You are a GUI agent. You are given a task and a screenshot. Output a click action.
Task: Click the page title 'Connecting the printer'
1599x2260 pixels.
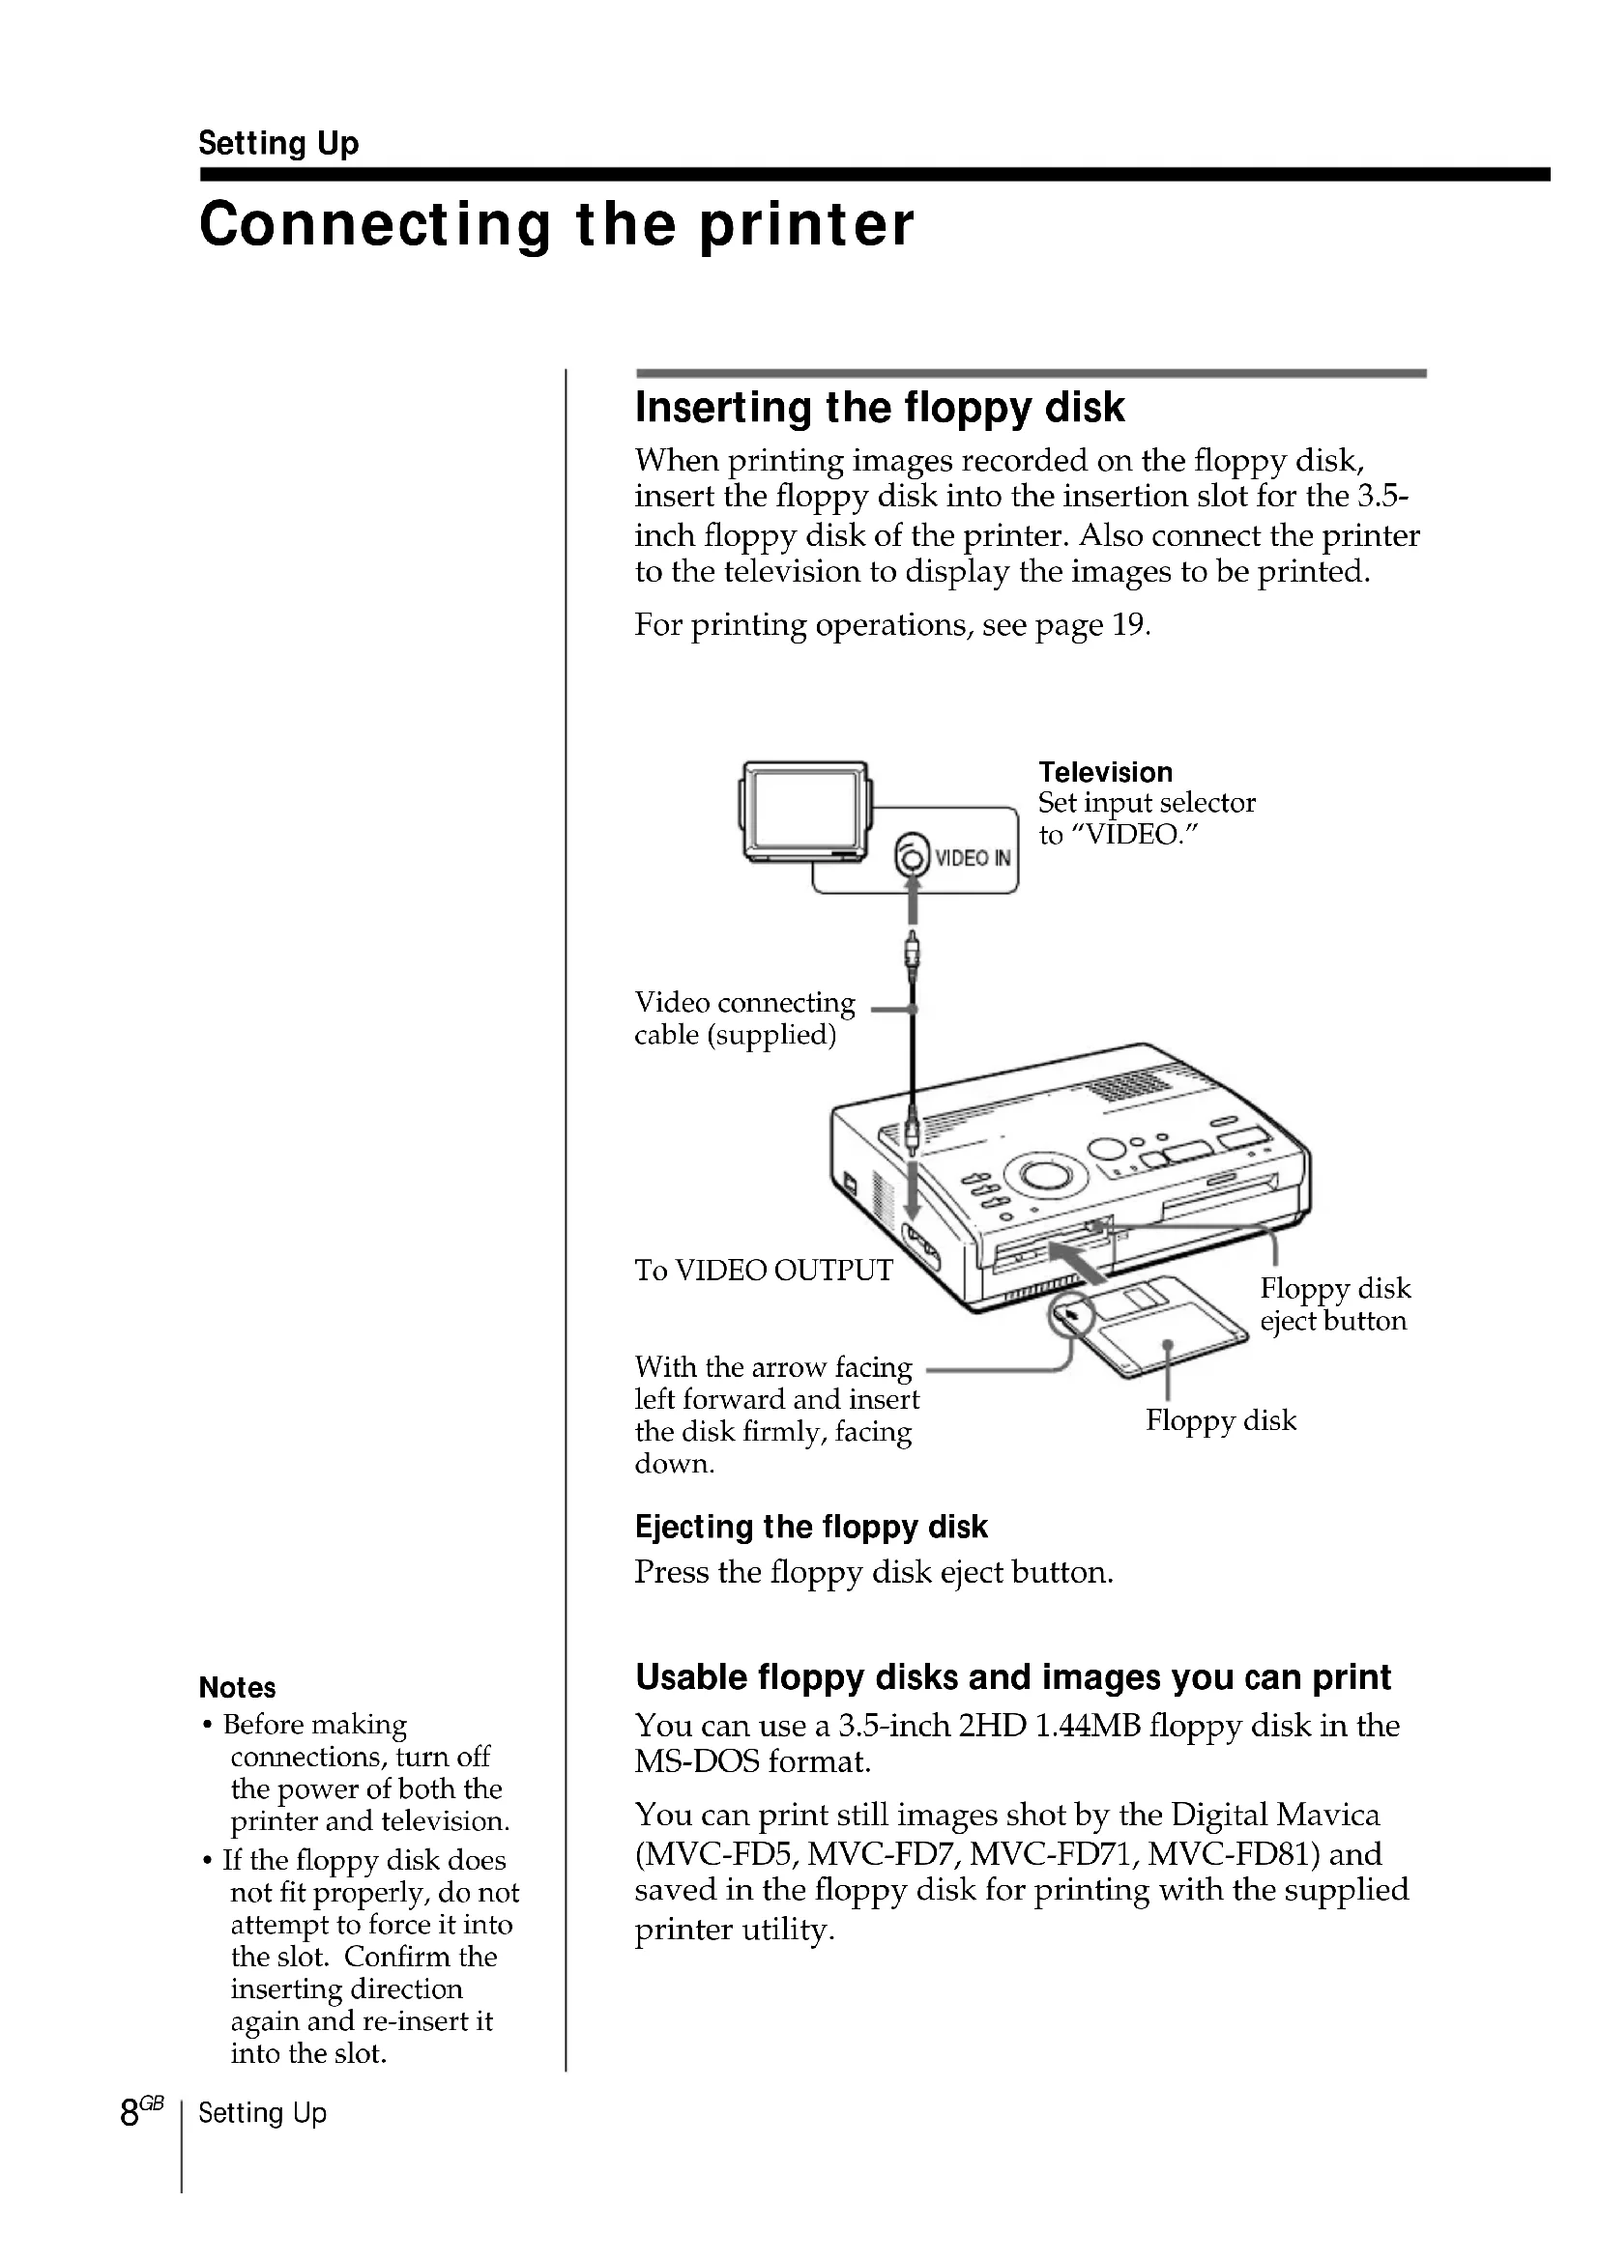pyautogui.click(x=556, y=224)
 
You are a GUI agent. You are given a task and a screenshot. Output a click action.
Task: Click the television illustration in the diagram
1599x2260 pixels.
pyautogui.click(x=804, y=812)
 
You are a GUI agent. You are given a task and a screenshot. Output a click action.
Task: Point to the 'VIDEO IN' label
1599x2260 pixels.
pyautogui.click(x=972, y=857)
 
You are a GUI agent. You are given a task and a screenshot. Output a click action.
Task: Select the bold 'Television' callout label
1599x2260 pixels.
pyautogui.click(x=1105, y=772)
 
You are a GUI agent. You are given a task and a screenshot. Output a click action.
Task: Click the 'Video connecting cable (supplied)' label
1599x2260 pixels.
pyautogui.click(x=744, y=1017)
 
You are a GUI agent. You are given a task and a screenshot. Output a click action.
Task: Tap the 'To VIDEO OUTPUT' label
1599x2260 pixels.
pyautogui.click(x=763, y=1270)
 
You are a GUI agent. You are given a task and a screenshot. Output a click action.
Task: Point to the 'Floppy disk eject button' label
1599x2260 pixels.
pyautogui.click(x=1334, y=1304)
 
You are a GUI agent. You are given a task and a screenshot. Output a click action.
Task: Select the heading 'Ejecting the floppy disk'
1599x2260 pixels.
pyautogui.click(x=810, y=1527)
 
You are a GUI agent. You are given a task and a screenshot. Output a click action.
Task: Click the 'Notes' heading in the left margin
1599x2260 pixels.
pyautogui.click(x=237, y=1687)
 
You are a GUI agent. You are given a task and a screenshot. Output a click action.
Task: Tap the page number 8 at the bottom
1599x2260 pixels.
pyautogui.click(x=129, y=2112)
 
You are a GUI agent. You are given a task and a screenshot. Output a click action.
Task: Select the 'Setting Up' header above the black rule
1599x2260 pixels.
pyautogui.click(x=278, y=143)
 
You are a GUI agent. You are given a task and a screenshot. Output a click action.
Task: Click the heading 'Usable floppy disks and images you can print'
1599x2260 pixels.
pyautogui.click(x=1012, y=1676)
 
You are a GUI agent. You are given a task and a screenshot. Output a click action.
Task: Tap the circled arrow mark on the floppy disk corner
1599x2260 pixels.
pyautogui.click(x=1071, y=1315)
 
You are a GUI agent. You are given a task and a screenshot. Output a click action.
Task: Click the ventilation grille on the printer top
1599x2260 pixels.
pyautogui.click(x=1127, y=1087)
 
